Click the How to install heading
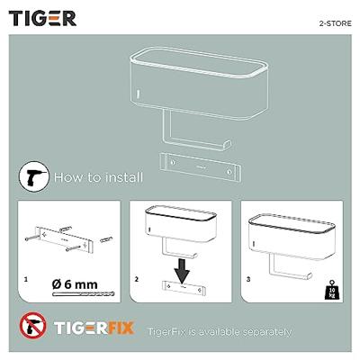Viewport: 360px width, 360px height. [97, 176]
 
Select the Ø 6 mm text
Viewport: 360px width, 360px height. [79, 283]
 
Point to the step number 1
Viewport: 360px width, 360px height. [27, 280]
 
